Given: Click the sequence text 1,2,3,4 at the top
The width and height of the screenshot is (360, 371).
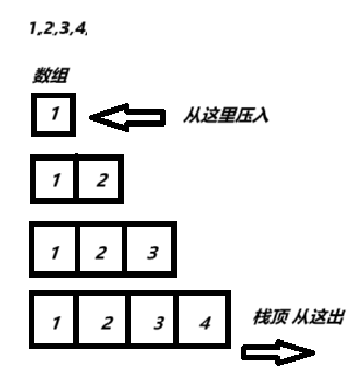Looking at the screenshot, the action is (x=58, y=29).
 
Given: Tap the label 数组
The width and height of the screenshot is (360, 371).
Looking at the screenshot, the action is (x=50, y=77).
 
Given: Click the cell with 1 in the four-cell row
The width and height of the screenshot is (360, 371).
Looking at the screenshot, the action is (x=55, y=322).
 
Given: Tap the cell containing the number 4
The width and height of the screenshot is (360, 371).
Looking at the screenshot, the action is (x=205, y=322).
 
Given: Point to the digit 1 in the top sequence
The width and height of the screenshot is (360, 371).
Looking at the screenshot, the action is (x=32, y=29).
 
